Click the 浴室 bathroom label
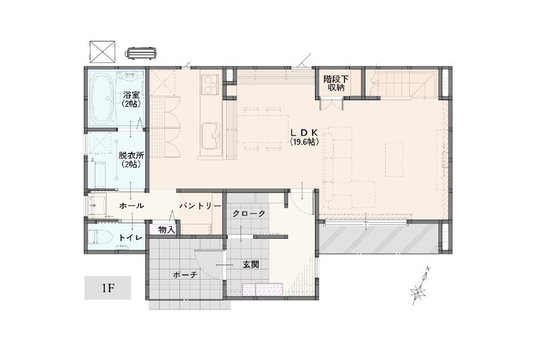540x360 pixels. (x=131, y=94)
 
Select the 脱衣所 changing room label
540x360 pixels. (x=131, y=155)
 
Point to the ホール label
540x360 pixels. (x=131, y=206)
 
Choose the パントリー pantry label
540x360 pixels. (x=200, y=206)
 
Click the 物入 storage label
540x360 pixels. (x=166, y=230)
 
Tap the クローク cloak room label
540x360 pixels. (x=249, y=214)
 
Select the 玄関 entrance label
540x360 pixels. (x=250, y=265)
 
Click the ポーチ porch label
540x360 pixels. (x=185, y=275)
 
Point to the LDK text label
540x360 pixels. (x=304, y=132)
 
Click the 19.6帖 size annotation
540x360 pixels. (x=304, y=141)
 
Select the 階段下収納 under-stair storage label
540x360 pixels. (x=336, y=83)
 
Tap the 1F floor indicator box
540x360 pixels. (x=108, y=287)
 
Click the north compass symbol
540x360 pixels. (x=420, y=287)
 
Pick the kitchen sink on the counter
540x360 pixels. (x=211, y=136)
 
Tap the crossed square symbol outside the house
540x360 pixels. (x=102, y=52)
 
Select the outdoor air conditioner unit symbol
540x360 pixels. (x=140, y=54)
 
